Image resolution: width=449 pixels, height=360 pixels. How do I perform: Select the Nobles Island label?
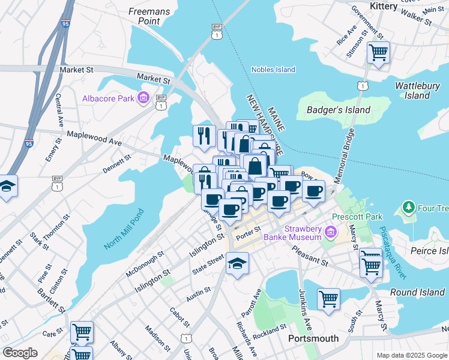point(273,70)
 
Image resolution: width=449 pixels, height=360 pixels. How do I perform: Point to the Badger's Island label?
point(338,110)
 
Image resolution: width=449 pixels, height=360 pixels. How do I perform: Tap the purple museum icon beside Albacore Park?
point(143,98)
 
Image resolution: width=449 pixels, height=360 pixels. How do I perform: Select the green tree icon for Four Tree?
point(409,208)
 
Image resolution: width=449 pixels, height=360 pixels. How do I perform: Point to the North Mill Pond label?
point(124,229)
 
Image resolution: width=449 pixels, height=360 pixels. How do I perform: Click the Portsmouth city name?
point(313,338)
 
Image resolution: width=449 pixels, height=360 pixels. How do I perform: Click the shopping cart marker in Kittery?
point(378,52)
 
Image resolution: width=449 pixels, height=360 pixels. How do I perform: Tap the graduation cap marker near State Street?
point(238,263)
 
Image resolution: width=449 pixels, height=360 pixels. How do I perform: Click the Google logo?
point(20,353)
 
